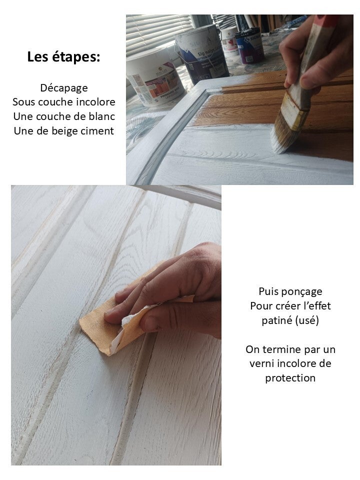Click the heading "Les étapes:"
63,57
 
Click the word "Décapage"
64,88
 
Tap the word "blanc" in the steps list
102,116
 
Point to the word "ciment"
98,131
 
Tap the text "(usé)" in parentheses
306,320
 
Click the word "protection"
290,378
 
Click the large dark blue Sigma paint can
202,55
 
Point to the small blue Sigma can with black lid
250,46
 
